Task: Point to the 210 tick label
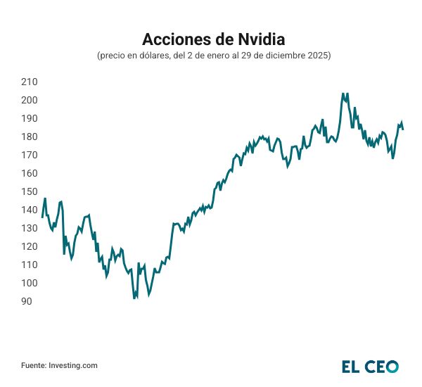tap(30, 82)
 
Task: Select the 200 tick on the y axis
tap(30, 100)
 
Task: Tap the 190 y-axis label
tap(30, 118)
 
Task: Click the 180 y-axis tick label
tap(30, 137)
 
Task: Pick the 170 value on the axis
tap(30, 155)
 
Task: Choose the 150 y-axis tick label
tap(30, 191)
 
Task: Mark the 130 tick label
tap(30, 228)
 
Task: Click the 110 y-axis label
tap(30, 265)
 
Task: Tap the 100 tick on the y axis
tap(30, 283)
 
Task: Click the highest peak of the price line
tap(343, 93)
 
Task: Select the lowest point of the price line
tap(134, 298)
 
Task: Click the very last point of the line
tap(403, 129)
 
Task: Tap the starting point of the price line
tap(42, 217)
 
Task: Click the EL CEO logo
tap(370, 366)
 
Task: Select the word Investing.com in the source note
tap(73, 366)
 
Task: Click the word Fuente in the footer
tap(33, 366)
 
